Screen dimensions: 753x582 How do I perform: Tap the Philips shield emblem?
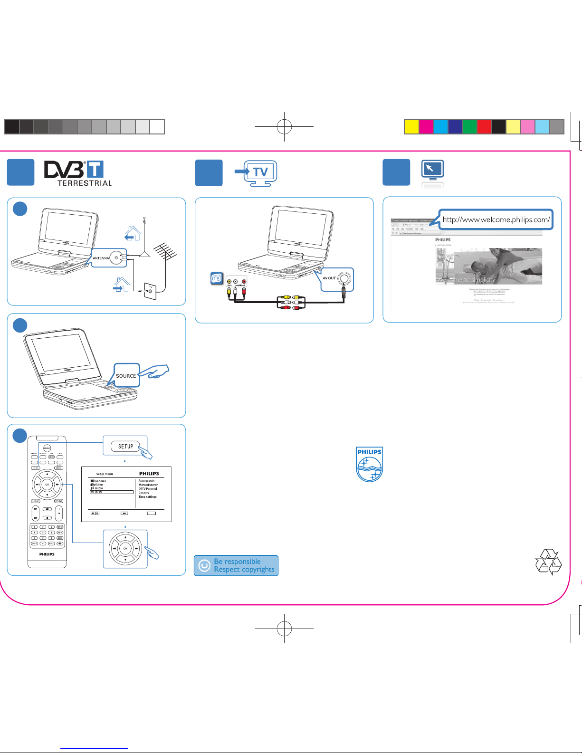tap(370, 464)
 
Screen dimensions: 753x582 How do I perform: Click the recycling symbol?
tap(548, 562)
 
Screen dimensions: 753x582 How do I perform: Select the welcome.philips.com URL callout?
tap(496, 219)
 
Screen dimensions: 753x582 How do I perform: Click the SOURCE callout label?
tap(126, 376)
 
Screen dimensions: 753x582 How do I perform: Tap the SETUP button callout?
tap(125, 447)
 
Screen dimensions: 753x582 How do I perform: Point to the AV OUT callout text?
tap(329, 278)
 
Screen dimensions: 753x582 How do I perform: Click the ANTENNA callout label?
tap(101, 258)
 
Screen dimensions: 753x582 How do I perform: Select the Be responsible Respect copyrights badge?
tap(236, 565)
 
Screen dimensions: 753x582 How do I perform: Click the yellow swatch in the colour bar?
tap(411, 127)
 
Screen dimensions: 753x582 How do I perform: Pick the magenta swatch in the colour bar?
tap(426, 127)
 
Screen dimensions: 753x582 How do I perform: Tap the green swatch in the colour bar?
tap(469, 127)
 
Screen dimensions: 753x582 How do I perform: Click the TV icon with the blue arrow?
tap(257, 172)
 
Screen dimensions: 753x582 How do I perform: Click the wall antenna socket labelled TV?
tap(150, 291)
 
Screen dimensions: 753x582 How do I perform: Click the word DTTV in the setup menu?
tap(98, 492)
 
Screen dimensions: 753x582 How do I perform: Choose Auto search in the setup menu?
tap(146, 481)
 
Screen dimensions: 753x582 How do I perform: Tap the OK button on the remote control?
tap(47, 484)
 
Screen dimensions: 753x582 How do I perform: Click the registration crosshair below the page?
tap(284, 629)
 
